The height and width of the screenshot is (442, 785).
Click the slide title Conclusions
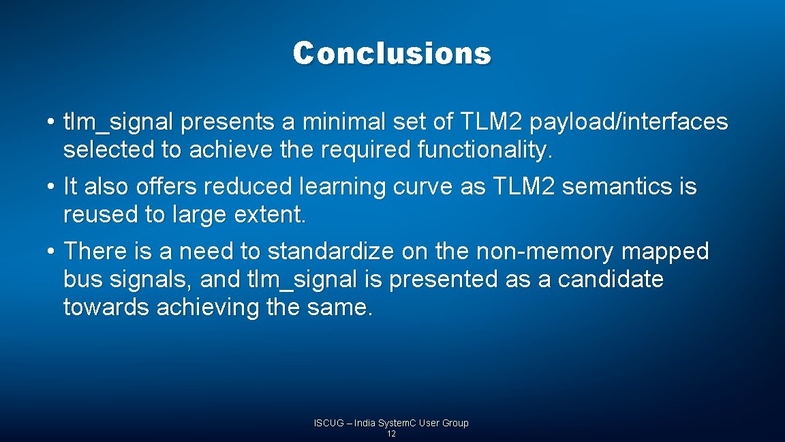[x=392, y=53]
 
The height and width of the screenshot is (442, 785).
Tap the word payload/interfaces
[x=628, y=122]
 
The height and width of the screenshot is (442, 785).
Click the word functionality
[x=481, y=151]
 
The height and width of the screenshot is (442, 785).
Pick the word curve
[x=420, y=186]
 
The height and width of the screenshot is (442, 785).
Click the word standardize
[x=330, y=251]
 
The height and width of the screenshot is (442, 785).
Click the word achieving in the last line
[x=209, y=308]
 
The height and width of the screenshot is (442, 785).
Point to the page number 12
[x=391, y=434]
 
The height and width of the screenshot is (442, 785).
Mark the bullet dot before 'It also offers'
[x=51, y=186]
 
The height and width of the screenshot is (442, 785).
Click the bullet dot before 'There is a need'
[x=51, y=251]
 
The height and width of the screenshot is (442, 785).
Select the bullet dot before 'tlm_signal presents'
[x=51, y=123]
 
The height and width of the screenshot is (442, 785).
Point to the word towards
[x=107, y=308]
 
